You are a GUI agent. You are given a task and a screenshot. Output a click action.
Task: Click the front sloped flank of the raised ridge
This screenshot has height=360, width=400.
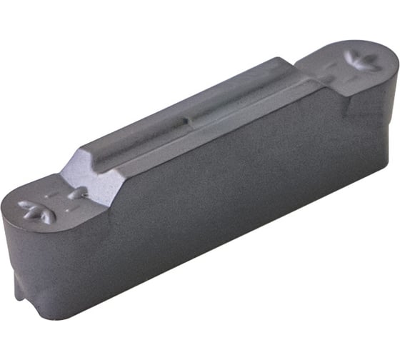pyautogui.click(x=214, y=132)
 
